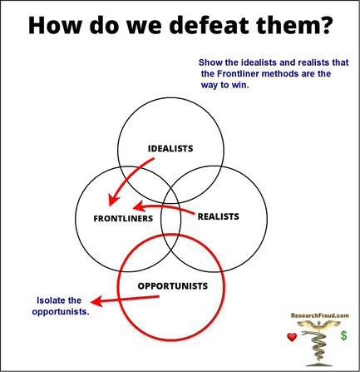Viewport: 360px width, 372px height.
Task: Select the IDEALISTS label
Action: [170, 148]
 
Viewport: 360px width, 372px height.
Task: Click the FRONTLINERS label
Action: [123, 218]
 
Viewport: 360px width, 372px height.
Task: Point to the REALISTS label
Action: [219, 216]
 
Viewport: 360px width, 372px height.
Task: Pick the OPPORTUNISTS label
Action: [173, 285]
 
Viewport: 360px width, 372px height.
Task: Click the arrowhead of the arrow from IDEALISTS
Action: [112, 200]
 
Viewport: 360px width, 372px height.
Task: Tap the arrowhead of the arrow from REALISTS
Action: [138, 207]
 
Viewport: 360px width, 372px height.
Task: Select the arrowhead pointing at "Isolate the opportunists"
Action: [96, 301]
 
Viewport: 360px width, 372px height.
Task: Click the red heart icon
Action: [292, 337]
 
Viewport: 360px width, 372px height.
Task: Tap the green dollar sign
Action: [343, 335]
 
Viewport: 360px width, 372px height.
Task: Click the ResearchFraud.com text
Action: [320, 315]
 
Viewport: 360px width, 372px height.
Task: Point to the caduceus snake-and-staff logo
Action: [318, 344]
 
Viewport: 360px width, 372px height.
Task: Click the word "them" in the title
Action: [287, 25]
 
